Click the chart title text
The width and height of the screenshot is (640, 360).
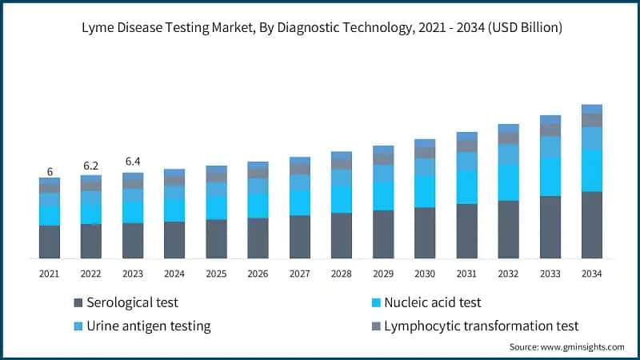pos(320,28)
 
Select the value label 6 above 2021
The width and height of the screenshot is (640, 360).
pos(49,172)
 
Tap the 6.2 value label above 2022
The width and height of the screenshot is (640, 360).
pos(90,166)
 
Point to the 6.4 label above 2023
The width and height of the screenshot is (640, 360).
pos(132,162)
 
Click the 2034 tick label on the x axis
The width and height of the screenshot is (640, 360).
pos(591,274)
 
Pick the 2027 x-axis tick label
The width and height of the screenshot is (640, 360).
pos(300,274)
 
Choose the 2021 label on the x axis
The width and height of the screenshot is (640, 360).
pos(49,274)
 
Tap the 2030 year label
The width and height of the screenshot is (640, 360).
pos(425,274)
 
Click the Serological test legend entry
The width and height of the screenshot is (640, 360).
pos(132,302)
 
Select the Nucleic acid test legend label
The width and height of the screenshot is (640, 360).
pos(432,302)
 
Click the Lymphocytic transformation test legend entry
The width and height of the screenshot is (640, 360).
pos(481,326)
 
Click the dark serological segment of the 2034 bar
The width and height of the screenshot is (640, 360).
pos(591,225)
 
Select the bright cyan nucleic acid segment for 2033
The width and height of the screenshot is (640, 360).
pos(550,177)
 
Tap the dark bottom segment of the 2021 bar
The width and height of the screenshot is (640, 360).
pos(49,242)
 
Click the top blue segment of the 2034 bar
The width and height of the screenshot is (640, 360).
pos(591,109)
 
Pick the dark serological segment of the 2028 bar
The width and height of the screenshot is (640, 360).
pos(342,235)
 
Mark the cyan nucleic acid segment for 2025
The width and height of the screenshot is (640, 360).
pos(216,208)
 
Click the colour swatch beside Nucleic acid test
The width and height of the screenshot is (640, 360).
pos(374,302)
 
